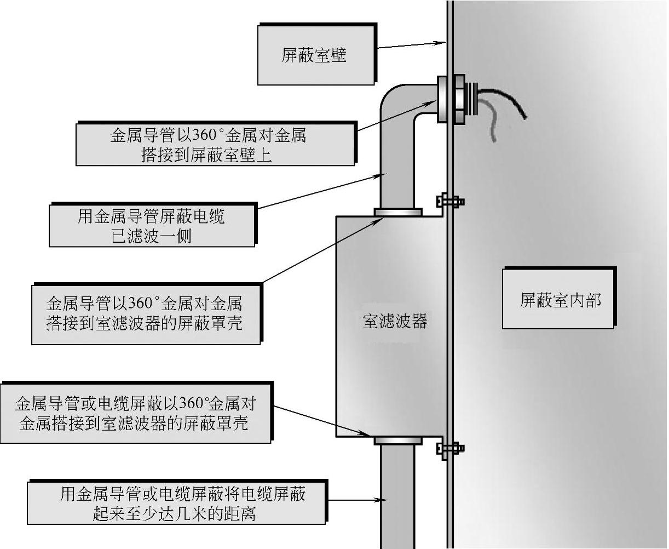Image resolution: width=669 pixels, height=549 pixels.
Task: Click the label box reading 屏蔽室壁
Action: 316,55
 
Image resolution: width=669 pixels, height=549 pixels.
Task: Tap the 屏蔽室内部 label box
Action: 559,299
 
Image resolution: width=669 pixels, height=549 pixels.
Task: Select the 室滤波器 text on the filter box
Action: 395,321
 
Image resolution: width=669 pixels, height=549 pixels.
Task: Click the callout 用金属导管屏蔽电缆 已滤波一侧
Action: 152,225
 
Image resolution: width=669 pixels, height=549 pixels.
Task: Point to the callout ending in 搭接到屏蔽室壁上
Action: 215,145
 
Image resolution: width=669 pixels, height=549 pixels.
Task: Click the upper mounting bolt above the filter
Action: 450,202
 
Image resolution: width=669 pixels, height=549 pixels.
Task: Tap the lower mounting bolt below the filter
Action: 450,448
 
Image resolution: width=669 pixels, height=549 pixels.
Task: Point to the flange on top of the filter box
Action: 398,211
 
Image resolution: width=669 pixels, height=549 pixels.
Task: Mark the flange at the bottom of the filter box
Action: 398,440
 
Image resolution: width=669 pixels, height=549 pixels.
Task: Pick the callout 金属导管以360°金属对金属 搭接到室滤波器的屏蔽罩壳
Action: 145,313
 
